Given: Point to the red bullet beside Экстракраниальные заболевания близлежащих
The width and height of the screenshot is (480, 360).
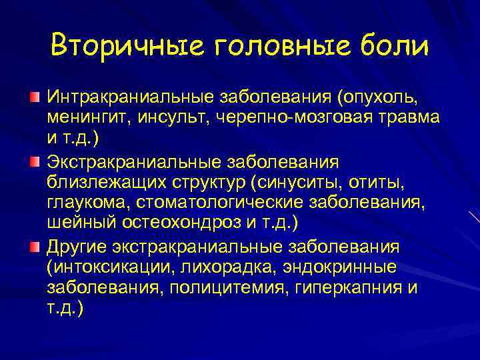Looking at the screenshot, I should (34, 162).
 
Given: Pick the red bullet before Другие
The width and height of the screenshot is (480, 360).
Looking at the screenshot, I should (34, 247).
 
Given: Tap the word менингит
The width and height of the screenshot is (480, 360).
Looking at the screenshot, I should (89, 118).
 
